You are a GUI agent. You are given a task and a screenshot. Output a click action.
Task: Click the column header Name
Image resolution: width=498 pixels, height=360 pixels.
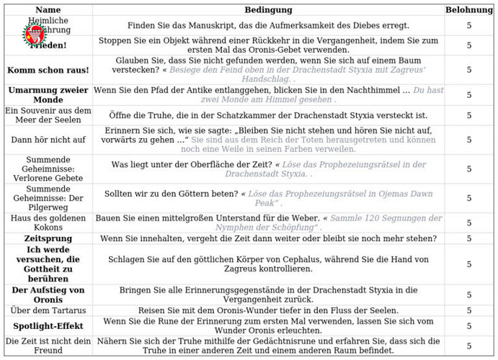click(48, 10)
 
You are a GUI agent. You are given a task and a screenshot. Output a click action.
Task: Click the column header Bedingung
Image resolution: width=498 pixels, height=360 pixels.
click(268, 10)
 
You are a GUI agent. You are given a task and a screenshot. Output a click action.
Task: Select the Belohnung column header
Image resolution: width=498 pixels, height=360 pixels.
click(469, 10)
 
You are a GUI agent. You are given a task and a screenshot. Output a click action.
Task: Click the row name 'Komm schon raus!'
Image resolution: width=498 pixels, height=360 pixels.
click(48, 70)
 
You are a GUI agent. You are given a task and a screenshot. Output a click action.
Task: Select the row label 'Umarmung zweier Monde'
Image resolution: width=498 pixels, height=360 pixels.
click(48, 95)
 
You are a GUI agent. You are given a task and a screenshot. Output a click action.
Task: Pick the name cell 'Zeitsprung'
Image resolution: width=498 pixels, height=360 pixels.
click(48, 238)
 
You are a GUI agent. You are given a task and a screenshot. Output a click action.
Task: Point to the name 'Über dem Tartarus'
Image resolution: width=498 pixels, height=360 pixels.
click(48, 310)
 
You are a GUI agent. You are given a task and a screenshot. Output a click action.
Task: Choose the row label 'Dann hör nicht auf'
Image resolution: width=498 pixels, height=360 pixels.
click(48, 140)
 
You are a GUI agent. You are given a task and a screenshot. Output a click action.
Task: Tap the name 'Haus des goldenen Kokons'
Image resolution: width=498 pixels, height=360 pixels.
click(48, 223)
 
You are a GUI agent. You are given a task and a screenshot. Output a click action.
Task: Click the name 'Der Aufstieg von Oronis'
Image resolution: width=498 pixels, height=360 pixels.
click(48, 294)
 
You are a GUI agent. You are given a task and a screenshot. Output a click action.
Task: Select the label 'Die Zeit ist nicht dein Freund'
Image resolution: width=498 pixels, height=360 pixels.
click(48, 346)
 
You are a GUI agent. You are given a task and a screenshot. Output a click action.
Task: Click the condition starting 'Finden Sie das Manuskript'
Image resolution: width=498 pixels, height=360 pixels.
click(268, 25)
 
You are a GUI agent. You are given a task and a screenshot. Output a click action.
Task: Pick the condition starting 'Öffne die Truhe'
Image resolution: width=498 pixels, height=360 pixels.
click(268, 115)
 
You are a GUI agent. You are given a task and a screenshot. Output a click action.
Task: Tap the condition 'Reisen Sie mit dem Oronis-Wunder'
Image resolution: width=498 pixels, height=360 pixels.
click(268, 310)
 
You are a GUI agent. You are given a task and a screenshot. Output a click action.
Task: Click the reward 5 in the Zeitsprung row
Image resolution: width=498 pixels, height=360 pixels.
click(469, 238)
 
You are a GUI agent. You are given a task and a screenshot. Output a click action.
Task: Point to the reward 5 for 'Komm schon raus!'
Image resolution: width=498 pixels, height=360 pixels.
click(469, 70)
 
